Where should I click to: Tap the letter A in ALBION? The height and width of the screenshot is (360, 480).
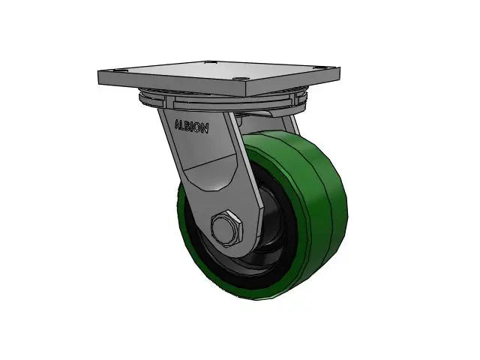(178, 124)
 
